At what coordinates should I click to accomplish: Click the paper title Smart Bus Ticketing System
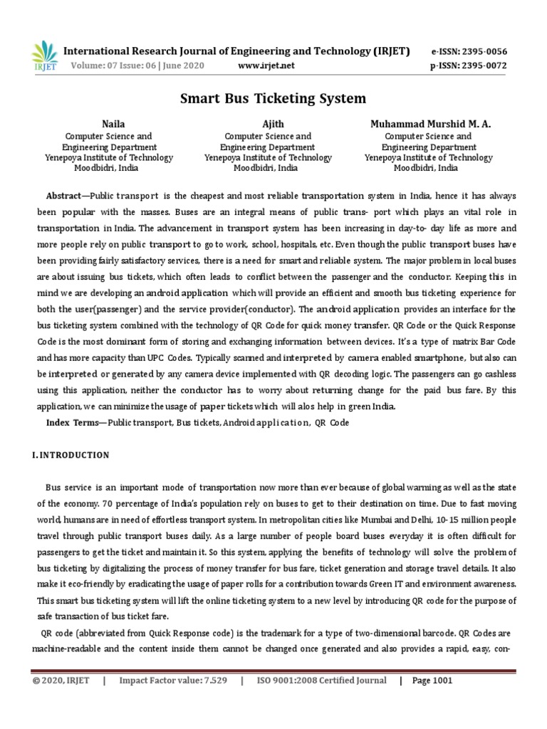pos(273,98)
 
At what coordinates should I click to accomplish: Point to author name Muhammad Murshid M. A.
pos(430,124)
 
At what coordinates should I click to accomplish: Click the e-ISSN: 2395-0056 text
pos(469,52)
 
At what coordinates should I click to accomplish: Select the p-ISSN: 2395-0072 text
pos(469,66)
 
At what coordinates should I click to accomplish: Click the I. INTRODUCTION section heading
pos(71,455)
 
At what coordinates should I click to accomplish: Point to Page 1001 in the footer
pos(432,681)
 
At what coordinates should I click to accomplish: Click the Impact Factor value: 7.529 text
pos(173,681)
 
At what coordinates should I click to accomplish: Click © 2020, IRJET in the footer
pos(61,681)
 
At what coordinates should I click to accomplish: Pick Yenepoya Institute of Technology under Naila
pos(108,158)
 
